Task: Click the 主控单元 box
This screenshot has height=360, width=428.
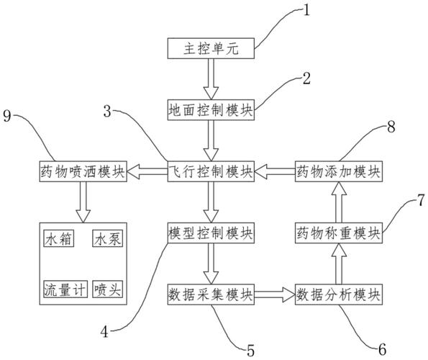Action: pyautogui.click(x=210, y=49)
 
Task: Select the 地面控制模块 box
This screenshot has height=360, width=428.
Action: pyautogui.click(x=210, y=109)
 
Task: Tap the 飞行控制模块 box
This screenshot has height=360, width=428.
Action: pyautogui.click(x=210, y=171)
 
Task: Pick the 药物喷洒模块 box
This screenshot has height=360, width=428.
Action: pyautogui.click(x=81, y=171)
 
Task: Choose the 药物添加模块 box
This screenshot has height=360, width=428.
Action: pyautogui.click(x=339, y=171)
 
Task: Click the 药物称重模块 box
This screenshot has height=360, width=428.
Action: pyautogui.click(x=339, y=233)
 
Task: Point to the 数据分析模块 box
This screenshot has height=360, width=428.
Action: pyautogui.click(x=339, y=294)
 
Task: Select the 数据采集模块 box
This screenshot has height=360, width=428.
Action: pyautogui.click(x=210, y=294)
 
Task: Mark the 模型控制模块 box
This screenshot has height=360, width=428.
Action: pyautogui.click(x=210, y=233)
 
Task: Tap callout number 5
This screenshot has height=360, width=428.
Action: pyautogui.click(x=250, y=351)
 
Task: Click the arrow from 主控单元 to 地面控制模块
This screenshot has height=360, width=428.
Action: pyautogui.click(x=210, y=79)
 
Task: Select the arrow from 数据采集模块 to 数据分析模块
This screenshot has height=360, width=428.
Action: pyautogui.click(x=274, y=294)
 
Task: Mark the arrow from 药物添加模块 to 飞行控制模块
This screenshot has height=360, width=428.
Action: pyautogui.click(x=274, y=171)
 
